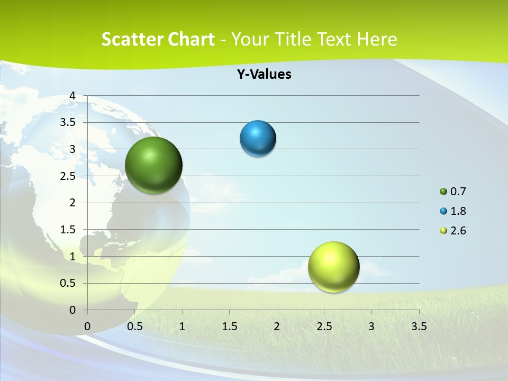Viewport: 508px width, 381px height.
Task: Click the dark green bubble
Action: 154,165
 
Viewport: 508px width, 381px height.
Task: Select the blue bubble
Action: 258,139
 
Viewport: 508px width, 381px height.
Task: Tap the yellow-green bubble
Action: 333,267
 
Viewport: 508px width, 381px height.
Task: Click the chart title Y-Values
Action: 264,74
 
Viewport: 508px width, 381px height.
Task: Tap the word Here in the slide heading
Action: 377,39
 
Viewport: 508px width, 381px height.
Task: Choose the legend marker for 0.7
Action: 443,192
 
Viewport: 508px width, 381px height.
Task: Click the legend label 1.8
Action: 458,211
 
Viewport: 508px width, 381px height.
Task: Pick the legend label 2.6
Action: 458,231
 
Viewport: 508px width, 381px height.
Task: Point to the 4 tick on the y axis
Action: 72,96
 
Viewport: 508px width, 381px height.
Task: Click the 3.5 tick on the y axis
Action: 68,122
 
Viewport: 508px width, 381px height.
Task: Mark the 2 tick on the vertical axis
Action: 72,203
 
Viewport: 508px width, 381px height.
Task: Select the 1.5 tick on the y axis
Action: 68,230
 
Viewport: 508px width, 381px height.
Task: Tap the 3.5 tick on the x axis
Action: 419,326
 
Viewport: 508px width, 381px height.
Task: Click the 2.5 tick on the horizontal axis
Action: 324,326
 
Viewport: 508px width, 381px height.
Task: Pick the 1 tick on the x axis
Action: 182,326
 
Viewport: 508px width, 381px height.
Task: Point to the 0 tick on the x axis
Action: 87,326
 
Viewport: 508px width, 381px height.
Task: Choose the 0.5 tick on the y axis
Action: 68,283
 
